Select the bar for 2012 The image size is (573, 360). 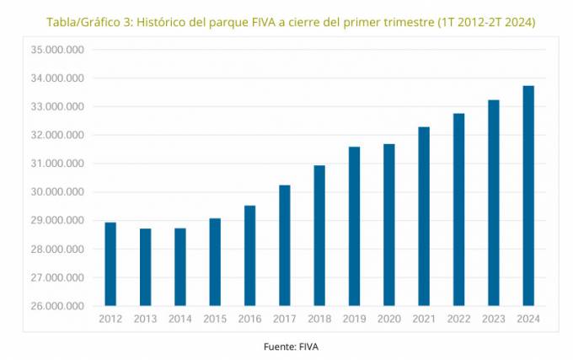tap(110, 264)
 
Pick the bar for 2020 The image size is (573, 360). tap(388, 224)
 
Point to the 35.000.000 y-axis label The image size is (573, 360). tap(57, 50)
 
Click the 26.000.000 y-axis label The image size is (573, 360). tap(57, 306)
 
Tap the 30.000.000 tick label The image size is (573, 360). tap(57, 192)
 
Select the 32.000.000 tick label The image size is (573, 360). tap(57, 135)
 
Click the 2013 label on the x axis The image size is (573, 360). tap(146, 319)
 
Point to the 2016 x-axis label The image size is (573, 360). tap(250, 319)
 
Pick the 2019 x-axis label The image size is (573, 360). tap(354, 319)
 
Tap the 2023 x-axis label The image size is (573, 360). tap(493, 319)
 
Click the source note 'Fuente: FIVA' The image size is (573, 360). tap(292, 346)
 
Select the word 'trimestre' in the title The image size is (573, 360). tap(400, 21)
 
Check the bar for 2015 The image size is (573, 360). tap(215, 262)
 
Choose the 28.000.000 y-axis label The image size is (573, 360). tap(57, 249)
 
